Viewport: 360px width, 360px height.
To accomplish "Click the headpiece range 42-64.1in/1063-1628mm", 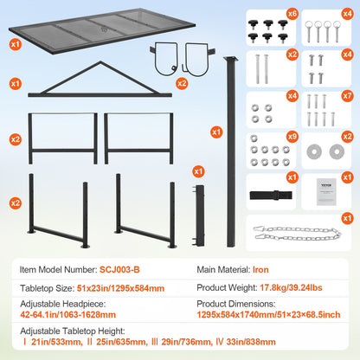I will pyautogui.click(x=69, y=315).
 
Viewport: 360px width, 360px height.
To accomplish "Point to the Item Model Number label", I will pyautogui.click(x=55, y=269).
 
